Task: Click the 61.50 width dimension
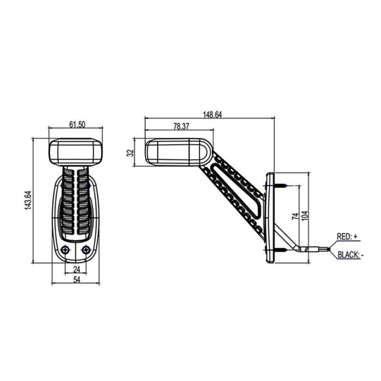(76, 124)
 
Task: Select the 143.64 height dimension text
(27, 201)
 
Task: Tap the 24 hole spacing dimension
(76, 269)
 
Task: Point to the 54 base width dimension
(76, 280)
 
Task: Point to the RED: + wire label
(347, 236)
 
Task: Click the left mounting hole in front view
(67, 249)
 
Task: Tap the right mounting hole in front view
(86, 249)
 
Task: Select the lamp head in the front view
(76, 152)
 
